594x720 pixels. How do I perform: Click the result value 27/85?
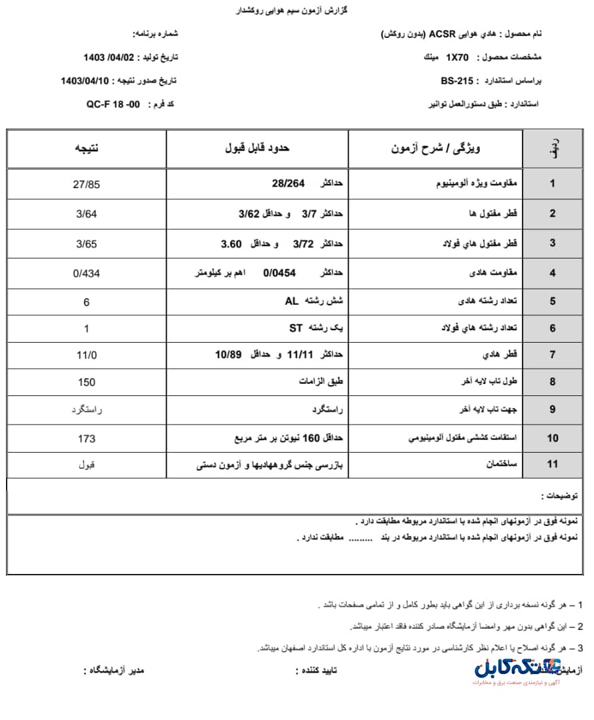87,184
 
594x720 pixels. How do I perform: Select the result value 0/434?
87,273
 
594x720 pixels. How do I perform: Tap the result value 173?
87,438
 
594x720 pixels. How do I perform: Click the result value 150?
87,382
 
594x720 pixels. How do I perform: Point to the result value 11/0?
87,355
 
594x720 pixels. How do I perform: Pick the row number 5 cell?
552,301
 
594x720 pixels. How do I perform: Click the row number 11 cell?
552,464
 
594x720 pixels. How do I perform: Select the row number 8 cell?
552,382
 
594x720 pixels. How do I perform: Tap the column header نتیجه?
87,149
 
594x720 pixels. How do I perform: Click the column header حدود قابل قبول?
257,149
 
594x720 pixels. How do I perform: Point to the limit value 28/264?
289,184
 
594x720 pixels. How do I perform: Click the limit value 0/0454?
279,273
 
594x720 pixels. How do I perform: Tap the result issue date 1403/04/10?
86,81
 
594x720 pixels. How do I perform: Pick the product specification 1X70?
459,57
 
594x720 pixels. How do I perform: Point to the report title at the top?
293,11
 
